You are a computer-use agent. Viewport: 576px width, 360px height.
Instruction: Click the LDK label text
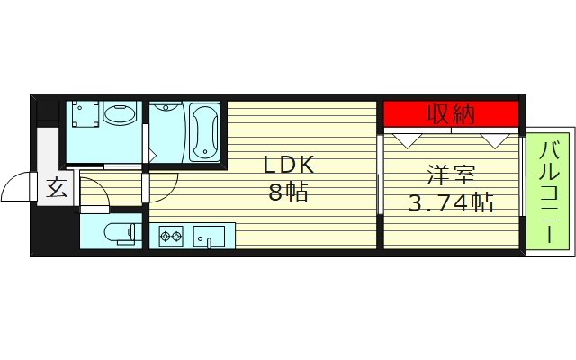point(289,166)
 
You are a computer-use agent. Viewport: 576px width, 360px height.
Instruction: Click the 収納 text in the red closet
point(451,114)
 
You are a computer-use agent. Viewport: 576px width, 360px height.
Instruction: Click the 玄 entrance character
point(56,189)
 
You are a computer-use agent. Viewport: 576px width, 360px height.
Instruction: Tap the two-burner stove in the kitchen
point(171,238)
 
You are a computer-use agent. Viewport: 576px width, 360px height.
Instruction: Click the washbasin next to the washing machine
point(119,114)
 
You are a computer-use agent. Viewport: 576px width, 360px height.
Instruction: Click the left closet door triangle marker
point(408,139)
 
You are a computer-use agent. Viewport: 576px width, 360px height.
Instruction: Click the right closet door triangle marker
point(494,139)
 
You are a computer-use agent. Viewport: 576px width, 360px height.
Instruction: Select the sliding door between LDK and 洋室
point(380,189)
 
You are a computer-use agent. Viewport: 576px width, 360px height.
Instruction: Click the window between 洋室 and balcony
point(523,175)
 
